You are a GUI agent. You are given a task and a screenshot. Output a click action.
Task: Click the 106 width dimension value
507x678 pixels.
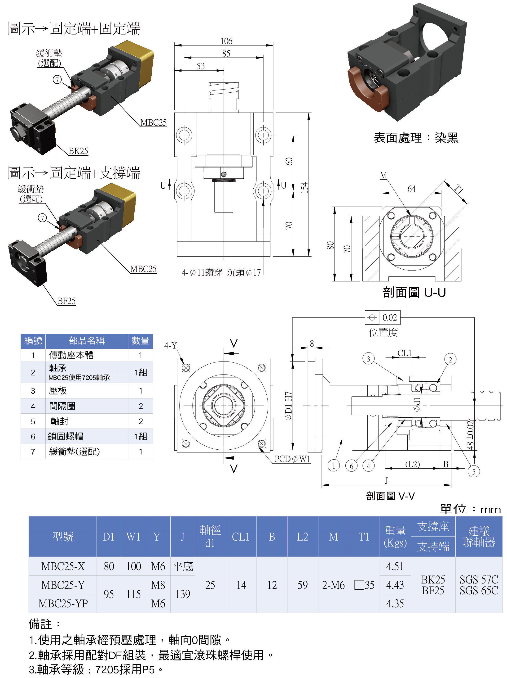[x=226, y=41]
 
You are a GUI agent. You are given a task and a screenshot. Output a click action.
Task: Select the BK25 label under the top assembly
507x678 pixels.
[x=78, y=151]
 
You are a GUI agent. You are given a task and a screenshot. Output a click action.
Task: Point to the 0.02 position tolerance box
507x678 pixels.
[x=389, y=317]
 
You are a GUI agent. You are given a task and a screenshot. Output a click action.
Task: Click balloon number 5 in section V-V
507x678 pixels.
[x=473, y=471]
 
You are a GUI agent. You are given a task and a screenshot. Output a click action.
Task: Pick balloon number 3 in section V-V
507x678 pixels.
[x=368, y=359]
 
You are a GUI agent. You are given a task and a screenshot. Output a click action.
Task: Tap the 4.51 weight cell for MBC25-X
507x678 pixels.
[x=395, y=566]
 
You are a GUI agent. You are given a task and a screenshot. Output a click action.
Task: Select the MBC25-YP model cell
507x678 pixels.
[x=63, y=603]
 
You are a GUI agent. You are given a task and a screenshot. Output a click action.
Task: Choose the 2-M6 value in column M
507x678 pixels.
[x=333, y=585]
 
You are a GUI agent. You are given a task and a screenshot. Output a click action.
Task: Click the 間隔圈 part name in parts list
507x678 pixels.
[x=62, y=406]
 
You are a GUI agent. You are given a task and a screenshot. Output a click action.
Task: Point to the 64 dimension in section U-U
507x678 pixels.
[x=411, y=189]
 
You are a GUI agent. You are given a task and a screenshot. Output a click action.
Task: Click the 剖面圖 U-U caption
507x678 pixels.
[x=414, y=292]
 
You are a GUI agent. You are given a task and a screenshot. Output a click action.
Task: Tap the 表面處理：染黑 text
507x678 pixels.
[x=416, y=138]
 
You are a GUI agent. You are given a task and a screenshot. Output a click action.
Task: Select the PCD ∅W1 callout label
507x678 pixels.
[x=292, y=459]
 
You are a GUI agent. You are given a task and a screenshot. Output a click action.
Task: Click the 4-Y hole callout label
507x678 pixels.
[x=171, y=345]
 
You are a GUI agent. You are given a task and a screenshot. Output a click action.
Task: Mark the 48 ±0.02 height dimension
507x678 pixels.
[x=470, y=435]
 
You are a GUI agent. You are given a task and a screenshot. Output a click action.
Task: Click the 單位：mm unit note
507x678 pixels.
[x=470, y=509]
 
